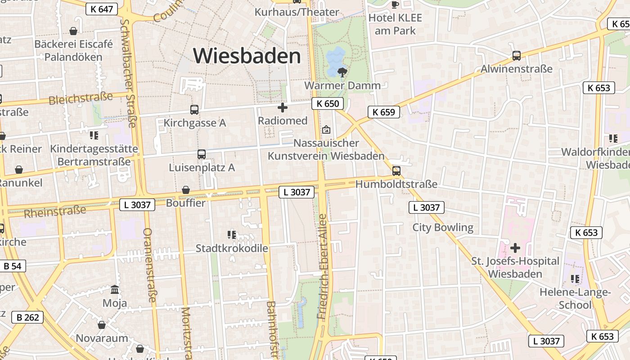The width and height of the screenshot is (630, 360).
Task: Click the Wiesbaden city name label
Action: [x=247, y=56]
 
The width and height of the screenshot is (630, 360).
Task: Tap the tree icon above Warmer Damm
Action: [x=342, y=72]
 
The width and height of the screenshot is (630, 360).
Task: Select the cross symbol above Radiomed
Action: [x=283, y=108]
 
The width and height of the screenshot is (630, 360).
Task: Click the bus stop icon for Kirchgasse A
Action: [x=194, y=110]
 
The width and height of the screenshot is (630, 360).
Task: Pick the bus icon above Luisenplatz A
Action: [x=202, y=154]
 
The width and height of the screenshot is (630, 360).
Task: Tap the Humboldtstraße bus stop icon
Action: [x=396, y=171]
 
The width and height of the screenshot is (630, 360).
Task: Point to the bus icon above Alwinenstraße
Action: [x=517, y=56]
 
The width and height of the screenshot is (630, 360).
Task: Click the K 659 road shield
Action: [x=384, y=112]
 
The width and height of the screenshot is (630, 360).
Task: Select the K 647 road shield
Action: [x=101, y=9]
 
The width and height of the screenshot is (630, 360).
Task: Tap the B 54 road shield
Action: [x=13, y=266]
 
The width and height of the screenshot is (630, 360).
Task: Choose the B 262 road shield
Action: [x=28, y=317]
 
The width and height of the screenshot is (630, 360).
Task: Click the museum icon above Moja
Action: [x=115, y=290]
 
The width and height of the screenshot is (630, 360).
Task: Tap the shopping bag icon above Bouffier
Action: [x=185, y=190]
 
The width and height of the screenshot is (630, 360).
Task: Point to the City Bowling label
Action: [x=443, y=227]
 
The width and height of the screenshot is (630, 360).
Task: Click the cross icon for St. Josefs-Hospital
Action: [x=515, y=248]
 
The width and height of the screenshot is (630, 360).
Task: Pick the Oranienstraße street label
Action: [x=149, y=265]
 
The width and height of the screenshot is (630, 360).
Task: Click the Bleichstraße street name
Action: [x=81, y=98]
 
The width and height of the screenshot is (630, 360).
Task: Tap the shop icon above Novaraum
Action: [x=102, y=325]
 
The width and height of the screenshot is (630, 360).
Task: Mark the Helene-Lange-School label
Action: [x=575, y=298]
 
